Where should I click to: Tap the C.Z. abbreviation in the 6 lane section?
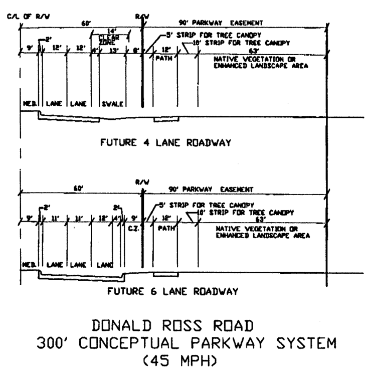click(133, 229)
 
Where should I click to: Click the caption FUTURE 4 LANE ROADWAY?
click(166, 143)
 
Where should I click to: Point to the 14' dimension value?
click(111, 31)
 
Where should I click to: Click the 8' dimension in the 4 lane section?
click(135, 49)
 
